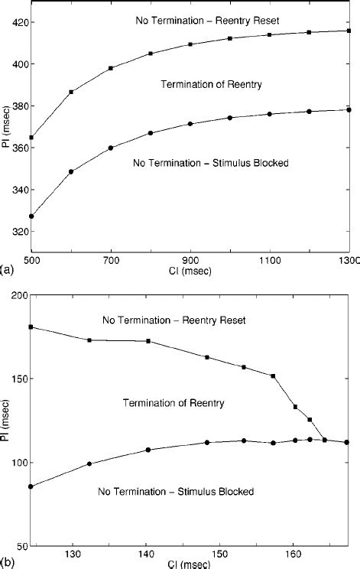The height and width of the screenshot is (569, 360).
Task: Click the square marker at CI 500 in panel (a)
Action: pos(31,138)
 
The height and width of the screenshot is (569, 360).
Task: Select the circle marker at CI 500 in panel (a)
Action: pos(31,216)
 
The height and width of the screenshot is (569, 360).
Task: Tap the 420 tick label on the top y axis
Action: pos(19,22)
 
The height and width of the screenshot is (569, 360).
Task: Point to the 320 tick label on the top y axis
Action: pos(19,232)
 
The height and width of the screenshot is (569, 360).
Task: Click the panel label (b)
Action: pos(7,562)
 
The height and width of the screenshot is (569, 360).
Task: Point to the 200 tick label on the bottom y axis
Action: pos(19,295)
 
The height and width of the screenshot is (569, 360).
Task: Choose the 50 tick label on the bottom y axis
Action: pos(21,546)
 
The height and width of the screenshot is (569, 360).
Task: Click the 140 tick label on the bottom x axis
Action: pos(147,554)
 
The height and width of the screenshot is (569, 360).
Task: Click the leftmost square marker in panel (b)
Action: pos(31,327)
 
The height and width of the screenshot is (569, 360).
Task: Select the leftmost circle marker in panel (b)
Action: pos(31,486)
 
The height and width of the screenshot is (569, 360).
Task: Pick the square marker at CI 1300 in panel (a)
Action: pos(349,31)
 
